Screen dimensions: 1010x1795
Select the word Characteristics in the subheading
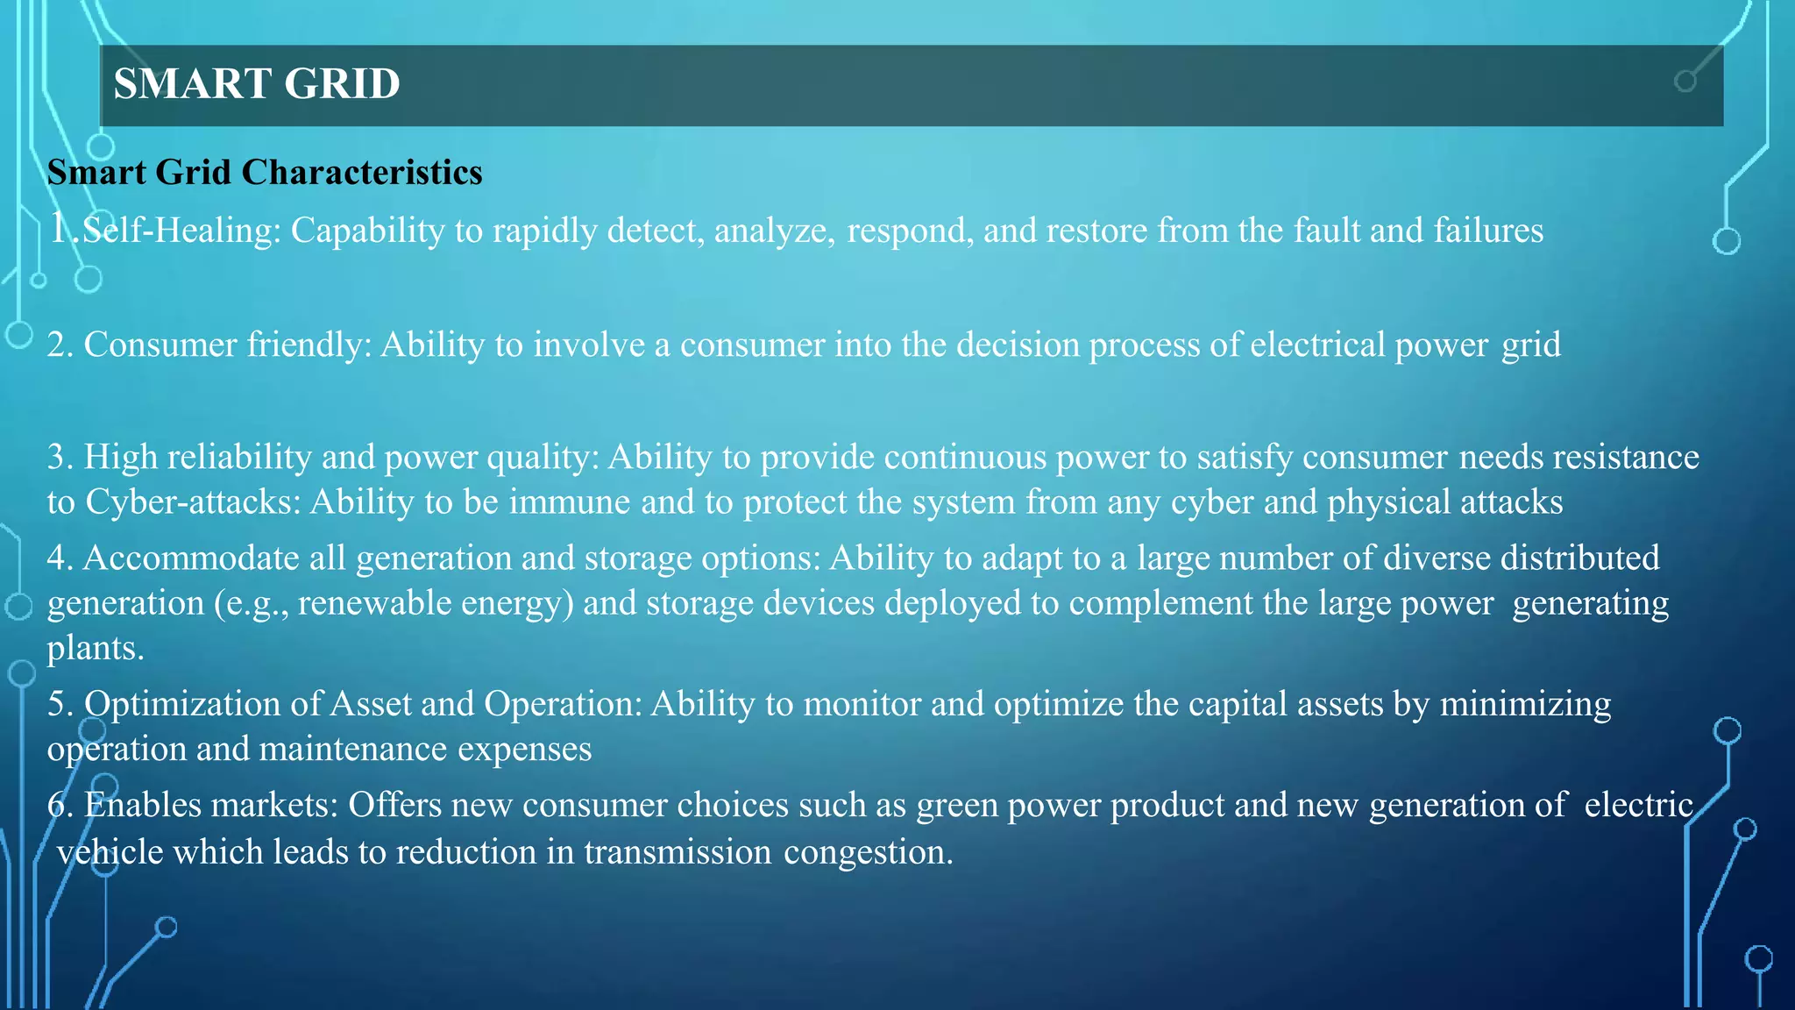pos(362,173)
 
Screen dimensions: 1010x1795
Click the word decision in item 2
pos(1018,345)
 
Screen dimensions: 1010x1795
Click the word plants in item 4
pos(95,648)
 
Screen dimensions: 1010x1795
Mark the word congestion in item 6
pos(868,852)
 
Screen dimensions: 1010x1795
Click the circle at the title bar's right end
pos(1685,82)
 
